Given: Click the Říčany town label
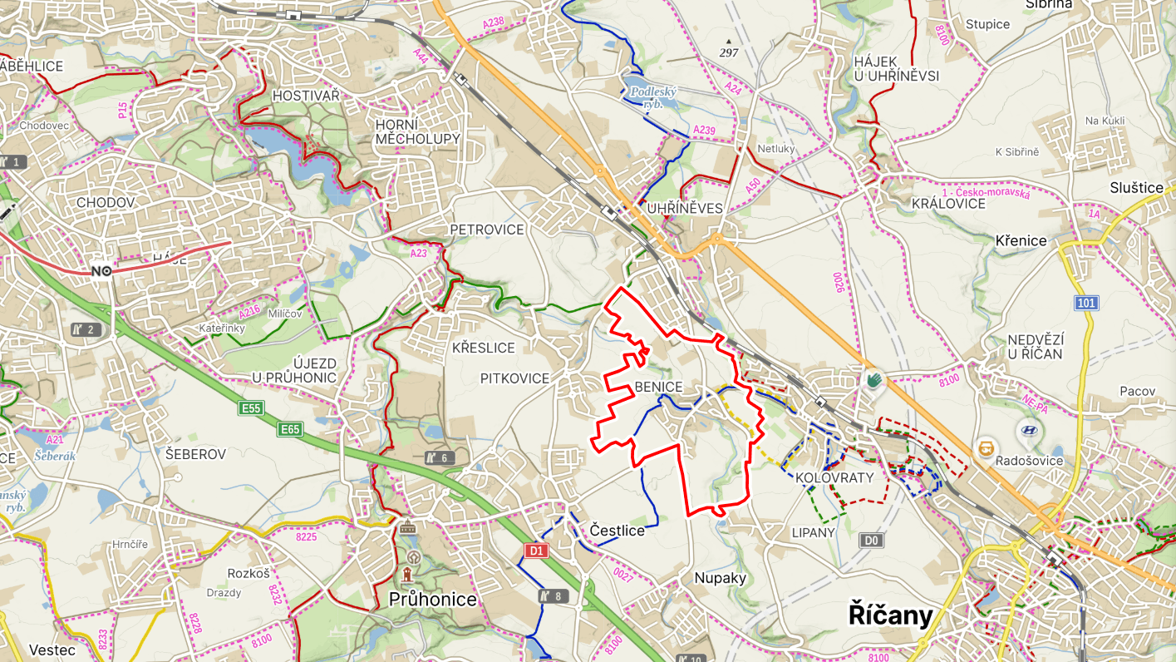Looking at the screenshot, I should click(x=890, y=615).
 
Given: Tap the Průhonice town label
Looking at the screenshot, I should click(x=432, y=600).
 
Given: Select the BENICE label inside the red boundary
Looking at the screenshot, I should click(x=658, y=387).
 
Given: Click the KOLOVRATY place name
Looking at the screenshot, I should click(x=834, y=478).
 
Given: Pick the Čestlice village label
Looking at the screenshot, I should click(x=617, y=530).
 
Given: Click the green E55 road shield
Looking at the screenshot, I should click(x=250, y=408).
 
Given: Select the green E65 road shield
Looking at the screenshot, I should click(x=291, y=429).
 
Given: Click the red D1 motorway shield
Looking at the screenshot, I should click(x=537, y=551).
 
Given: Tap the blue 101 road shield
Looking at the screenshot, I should click(x=1085, y=303).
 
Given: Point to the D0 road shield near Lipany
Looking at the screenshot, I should click(x=871, y=541).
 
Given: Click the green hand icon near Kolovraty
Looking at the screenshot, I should click(x=874, y=380).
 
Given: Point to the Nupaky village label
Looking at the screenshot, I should click(x=721, y=578).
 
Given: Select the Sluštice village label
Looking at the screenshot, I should click(x=1136, y=188).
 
